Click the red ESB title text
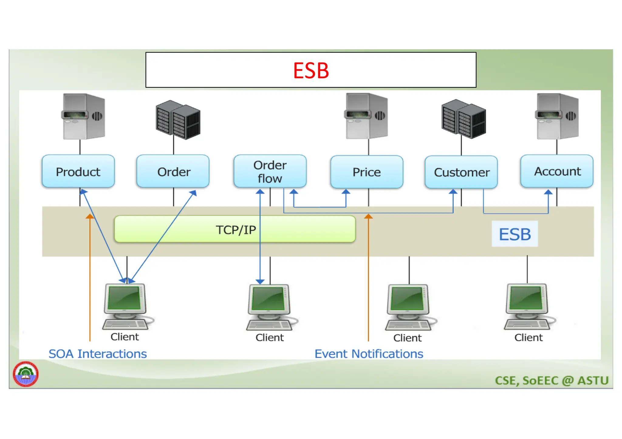[311, 70]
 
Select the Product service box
[78, 171]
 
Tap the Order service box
[173, 171]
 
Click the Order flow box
[270, 171]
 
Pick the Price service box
[367, 172]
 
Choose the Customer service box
[461, 172]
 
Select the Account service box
[557, 171]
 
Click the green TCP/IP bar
[235, 229]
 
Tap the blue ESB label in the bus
[515, 234]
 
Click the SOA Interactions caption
[97, 354]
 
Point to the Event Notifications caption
[369, 354]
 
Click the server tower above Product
[84, 117]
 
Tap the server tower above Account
[558, 117]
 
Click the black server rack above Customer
[463, 119]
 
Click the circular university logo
[26, 374]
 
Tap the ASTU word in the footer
[593, 380]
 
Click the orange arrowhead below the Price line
[368, 216]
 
